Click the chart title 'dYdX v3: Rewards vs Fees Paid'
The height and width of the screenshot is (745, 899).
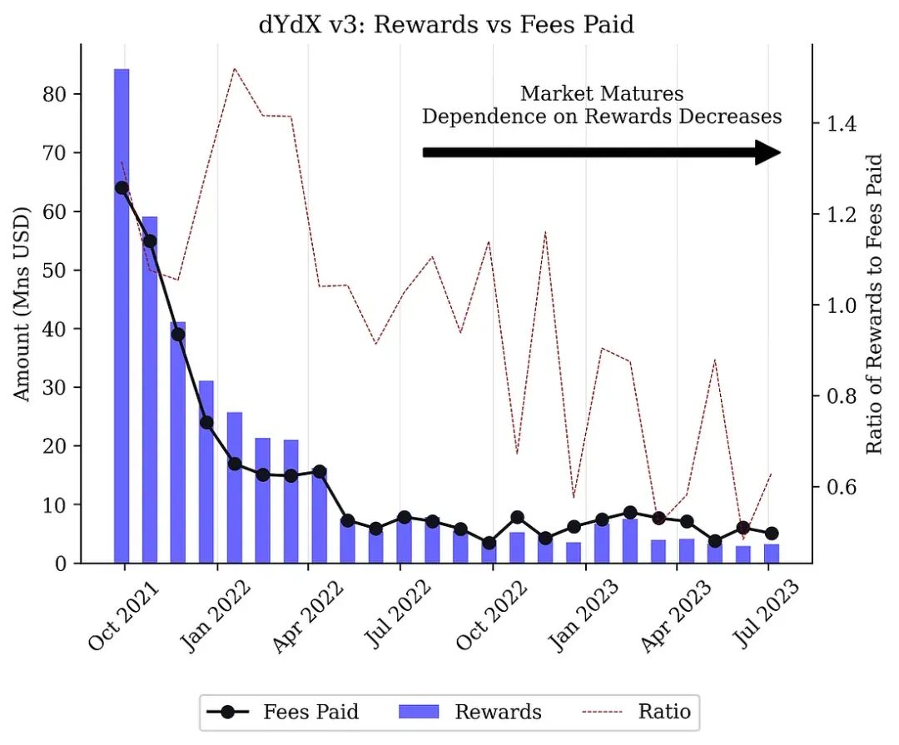446,24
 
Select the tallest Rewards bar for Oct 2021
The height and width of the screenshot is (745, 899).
122,316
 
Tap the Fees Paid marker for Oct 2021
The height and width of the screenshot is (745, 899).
122,187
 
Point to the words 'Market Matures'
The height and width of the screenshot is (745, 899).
601,93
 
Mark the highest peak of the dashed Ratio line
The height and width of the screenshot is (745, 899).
235,68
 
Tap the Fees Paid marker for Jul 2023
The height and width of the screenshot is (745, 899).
772,533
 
